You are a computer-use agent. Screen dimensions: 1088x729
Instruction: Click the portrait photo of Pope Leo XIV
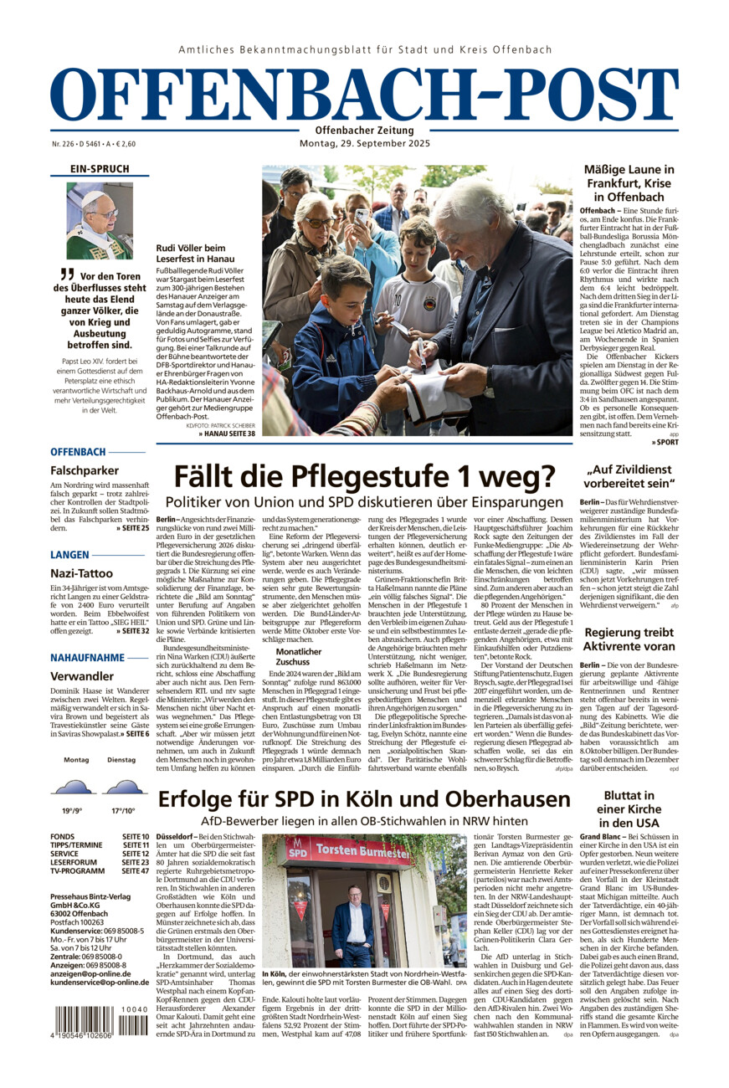tap(100, 220)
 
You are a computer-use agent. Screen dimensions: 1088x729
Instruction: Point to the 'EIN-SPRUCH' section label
tap(100, 169)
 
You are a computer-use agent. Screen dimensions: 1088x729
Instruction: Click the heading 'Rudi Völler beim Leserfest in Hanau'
tap(191, 254)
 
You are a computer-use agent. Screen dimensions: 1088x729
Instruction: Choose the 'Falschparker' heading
tap(85, 470)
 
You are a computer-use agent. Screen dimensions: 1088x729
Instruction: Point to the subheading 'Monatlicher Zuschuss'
tap(299, 655)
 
